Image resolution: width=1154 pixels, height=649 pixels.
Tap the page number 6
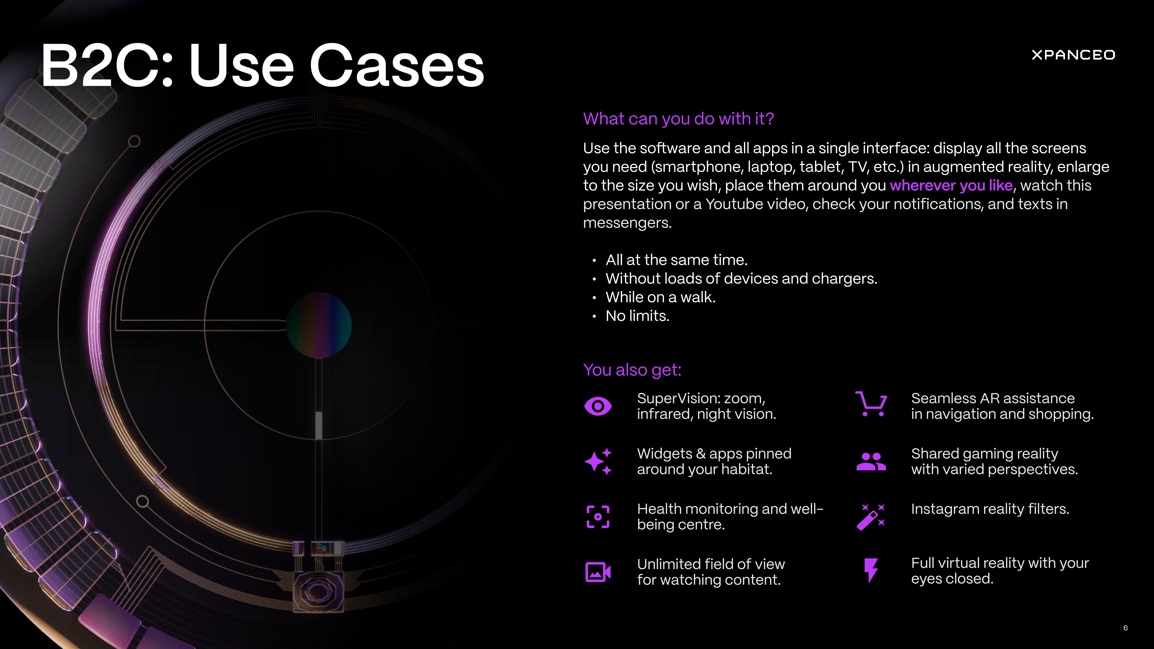(x=1125, y=628)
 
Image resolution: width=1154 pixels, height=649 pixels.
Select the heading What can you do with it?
(x=678, y=119)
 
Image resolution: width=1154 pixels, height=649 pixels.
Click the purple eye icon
(x=598, y=406)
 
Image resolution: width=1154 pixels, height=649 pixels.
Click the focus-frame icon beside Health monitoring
(x=598, y=517)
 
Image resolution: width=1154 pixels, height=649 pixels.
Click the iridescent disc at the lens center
(x=319, y=325)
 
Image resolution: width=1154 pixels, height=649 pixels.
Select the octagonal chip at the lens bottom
(x=318, y=592)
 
